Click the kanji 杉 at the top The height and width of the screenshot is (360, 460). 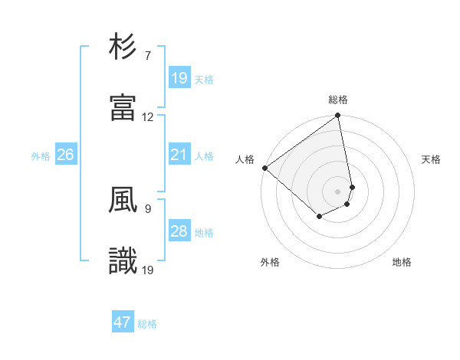(x=123, y=47)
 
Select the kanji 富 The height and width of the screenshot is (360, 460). (x=123, y=107)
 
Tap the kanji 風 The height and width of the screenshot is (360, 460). (x=123, y=201)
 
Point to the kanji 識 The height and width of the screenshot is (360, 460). (x=123, y=260)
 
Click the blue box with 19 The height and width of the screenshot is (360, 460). (x=179, y=78)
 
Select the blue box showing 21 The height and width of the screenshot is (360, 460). (x=179, y=155)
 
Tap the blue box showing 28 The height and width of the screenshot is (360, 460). (x=179, y=231)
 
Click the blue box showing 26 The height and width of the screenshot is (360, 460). (x=65, y=155)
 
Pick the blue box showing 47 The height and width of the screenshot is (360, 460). (x=123, y=322)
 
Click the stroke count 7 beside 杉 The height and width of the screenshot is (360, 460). (x=148, y=56)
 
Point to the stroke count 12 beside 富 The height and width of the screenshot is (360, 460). (x=148, y=117)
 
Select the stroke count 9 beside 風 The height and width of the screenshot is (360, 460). (x=148, y=208)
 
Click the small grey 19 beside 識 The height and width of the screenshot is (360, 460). (x=148, y=270)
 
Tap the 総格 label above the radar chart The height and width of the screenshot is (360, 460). (x=338, y=100)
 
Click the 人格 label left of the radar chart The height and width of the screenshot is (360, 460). (x=245, y=159)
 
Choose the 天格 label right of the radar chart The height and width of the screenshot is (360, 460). (x=432, y=159)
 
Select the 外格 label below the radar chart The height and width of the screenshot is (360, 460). (x=270, y=262)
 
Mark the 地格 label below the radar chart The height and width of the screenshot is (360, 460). (x=402, y=262)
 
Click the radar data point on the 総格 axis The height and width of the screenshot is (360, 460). (x=338, y=116)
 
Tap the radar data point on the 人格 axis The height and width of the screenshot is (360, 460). (x=264, y=168)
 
